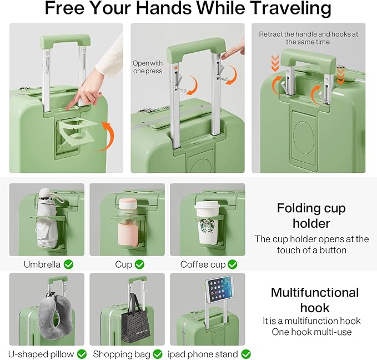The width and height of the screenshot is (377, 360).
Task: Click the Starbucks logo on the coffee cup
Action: [x=208, y=226]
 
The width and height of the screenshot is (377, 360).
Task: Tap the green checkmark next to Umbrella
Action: [x=68, y=264]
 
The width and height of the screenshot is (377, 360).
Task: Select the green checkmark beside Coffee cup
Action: [x=232, y=264]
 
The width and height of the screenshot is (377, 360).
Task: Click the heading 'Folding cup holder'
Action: [x=311, y=216]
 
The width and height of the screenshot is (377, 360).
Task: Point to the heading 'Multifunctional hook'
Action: [x=314, y=300]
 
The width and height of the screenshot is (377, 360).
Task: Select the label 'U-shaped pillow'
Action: [x=39, y=354]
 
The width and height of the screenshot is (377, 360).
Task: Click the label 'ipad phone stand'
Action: [x=203, y=354]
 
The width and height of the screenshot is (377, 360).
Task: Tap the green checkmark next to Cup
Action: [x=139, y=264]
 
